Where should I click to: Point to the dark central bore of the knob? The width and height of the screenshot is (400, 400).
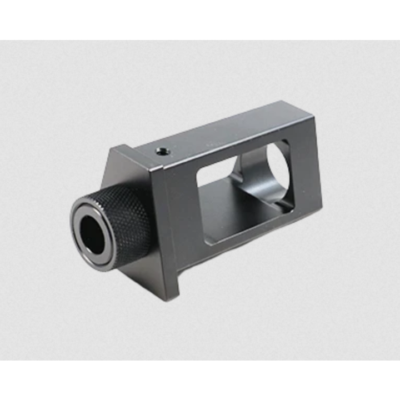coord(93,234)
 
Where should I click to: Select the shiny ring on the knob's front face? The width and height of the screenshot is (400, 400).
coord(78,244)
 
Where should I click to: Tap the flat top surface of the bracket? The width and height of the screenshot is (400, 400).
coord(222,133)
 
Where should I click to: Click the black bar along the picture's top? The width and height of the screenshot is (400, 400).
coord(200,19)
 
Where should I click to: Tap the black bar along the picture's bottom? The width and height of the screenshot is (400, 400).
coord(200,381)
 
